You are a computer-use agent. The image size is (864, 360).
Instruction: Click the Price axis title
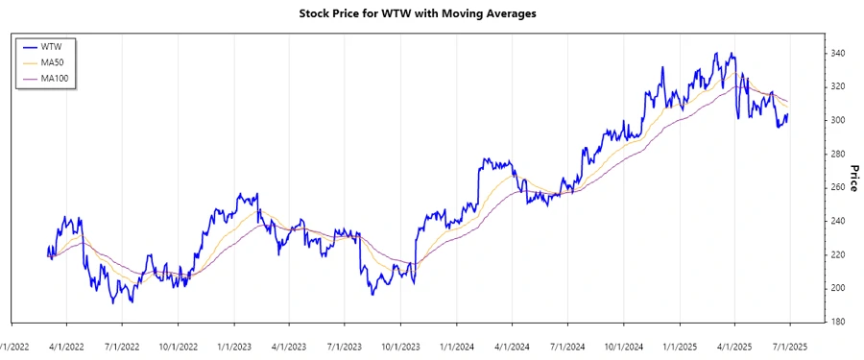coord(853,178)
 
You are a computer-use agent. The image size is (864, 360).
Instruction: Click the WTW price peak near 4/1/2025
coord(732,54)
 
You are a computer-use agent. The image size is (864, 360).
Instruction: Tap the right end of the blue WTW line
coord(788,115)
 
